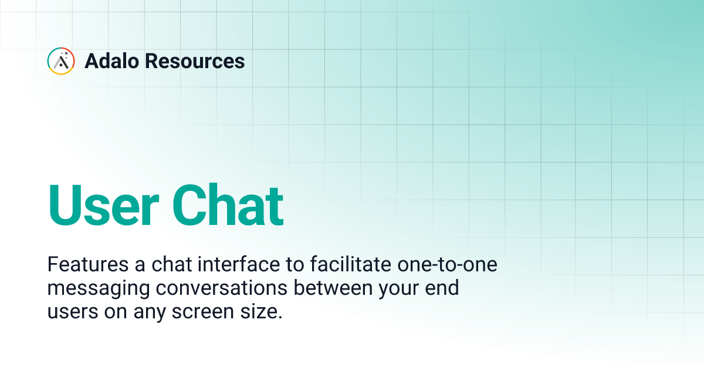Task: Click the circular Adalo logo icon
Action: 61,61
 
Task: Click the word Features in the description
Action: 84,265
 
